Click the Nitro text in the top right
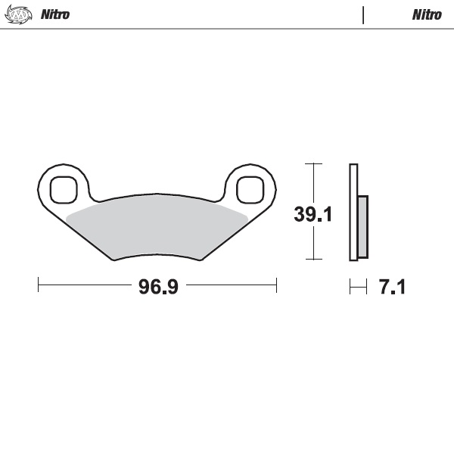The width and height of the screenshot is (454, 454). (427, 14)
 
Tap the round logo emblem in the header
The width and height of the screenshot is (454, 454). (20, 14)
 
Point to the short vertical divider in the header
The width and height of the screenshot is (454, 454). (363, 14)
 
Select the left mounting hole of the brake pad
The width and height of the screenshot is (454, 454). (64, 189)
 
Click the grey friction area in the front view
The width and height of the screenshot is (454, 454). (157, 225)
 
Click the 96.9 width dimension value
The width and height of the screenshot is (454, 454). (157, 287)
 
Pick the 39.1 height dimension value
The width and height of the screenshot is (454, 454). (313, 214)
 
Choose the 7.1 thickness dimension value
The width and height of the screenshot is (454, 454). (392, 287)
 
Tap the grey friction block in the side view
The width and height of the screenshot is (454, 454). (362, 226)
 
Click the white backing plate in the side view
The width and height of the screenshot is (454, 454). (353, 212)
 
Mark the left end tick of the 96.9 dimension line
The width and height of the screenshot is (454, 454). (39, 285)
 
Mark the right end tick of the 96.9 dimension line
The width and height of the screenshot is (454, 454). (276, 285)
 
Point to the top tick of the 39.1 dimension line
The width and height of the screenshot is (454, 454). (313, 163)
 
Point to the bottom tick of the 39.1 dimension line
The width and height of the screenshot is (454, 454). (313, 260)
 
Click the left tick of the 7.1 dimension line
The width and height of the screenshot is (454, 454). (350, 286)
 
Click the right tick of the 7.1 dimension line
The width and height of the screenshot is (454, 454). (367, 286)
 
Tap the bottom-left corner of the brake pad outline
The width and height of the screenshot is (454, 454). (113, 260)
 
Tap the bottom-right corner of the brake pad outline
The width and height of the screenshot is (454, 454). (202, 260)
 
